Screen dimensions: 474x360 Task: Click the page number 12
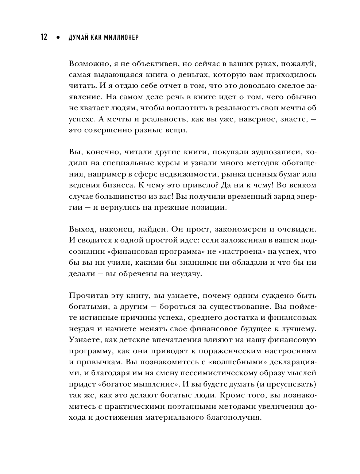(x=44, y=37)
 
